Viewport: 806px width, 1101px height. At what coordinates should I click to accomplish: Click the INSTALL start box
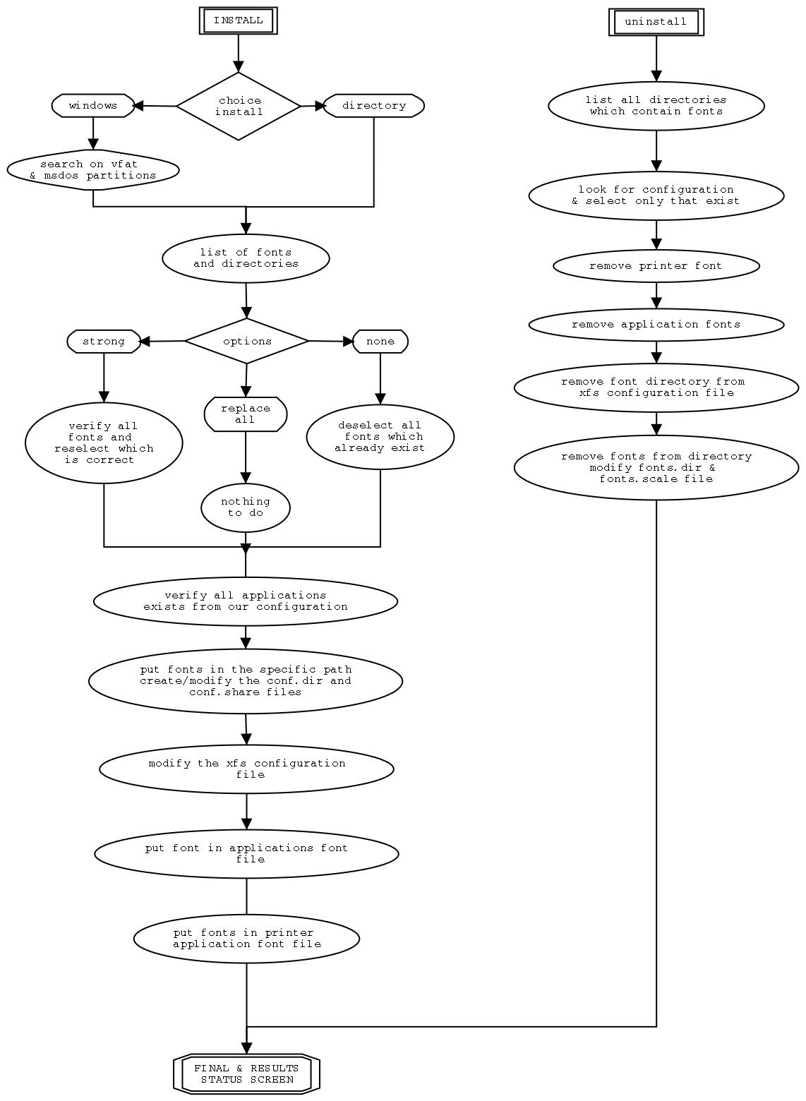(238, 20)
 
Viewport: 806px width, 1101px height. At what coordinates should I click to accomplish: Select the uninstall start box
(656, 22)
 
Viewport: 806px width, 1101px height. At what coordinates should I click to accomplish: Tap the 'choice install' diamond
(239, 106)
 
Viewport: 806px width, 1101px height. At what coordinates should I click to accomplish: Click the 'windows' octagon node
(93, 106)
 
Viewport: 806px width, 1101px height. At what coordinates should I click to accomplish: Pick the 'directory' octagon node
(373, 106)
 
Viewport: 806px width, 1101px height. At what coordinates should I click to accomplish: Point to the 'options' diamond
(247, 341)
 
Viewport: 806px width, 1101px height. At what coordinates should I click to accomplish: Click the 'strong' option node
(104, 342)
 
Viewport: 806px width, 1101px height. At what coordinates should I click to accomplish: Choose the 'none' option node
(380, 342)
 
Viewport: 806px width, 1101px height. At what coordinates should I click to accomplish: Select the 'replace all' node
(246, 414)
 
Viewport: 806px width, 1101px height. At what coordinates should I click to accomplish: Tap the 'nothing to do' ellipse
(246, 507)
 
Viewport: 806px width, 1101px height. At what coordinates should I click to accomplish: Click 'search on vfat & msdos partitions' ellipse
(93, 170)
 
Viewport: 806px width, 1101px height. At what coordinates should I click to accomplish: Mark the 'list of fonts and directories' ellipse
(246, 258)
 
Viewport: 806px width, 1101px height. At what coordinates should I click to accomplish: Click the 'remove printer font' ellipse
(656, 266)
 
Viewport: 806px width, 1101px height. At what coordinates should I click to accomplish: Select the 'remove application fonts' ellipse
(656, 325)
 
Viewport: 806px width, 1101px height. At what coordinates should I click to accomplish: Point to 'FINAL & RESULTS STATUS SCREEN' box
(246, 1073)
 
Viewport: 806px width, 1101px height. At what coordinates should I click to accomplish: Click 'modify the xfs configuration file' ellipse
(246, 769)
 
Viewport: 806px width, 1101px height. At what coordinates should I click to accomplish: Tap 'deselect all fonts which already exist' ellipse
(380, 436)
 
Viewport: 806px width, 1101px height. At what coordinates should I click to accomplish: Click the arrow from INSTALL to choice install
(239, 53)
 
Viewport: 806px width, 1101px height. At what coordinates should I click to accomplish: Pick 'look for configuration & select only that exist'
(656, 195)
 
